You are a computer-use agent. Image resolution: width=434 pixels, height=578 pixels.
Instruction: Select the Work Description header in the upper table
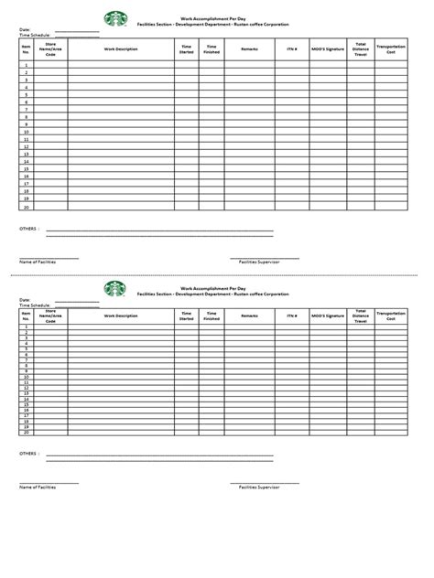121,48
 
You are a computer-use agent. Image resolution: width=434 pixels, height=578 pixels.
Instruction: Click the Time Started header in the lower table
187,316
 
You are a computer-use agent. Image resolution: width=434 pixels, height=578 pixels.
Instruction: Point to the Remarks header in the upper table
249,48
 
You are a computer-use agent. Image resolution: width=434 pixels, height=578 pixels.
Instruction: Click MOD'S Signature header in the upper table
328,48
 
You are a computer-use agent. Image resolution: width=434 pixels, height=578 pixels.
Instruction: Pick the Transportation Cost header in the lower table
391,316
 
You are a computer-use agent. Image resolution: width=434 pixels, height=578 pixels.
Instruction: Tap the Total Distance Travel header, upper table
361,48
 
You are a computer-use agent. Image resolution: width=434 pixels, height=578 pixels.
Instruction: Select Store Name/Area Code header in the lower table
50,316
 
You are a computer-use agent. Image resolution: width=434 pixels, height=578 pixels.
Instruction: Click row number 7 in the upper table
26,110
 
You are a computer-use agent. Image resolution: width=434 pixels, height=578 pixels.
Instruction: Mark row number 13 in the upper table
26,154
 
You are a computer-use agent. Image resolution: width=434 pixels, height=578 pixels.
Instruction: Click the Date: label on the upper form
25,29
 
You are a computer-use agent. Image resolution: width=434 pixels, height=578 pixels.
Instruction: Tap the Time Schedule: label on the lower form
34,305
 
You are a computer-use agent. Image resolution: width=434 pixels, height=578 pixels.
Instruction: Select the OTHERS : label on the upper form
29,228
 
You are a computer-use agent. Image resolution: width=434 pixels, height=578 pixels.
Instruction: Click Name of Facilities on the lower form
38,487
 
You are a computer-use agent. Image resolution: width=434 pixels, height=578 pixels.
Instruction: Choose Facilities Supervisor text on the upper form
259,262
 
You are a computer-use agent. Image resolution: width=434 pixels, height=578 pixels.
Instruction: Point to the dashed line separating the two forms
217,273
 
